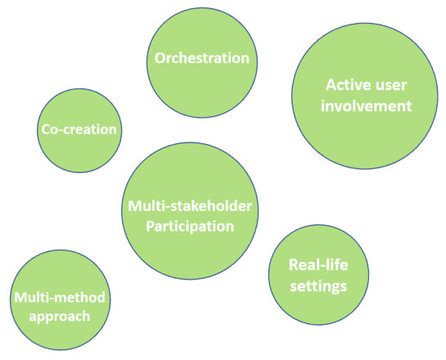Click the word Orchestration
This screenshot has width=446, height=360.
coord(202,58)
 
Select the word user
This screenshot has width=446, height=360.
coord(392,86)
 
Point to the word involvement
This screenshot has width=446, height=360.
coord(367,106)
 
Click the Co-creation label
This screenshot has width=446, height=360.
coord(79,129)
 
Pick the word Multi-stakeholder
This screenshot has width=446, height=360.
coord(190,206)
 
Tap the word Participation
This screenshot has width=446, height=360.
coord(190,227)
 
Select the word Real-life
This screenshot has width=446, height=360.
coord(318,265)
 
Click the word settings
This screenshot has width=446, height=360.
coord(318,286)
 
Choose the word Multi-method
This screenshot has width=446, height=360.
coord(60,298)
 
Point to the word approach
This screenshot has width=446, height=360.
coord(60,317)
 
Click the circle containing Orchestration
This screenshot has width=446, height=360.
coord(202,62)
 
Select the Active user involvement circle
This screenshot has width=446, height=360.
coord(365,96)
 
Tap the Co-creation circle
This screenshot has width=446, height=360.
coord(79,131)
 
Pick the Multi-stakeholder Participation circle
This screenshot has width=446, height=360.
coord(190,211)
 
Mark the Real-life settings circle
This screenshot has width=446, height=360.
coord(318,275)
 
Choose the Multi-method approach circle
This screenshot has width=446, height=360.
coord(61,299)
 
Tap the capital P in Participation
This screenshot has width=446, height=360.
coord(151,227)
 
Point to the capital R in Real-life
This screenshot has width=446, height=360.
coord(294,265)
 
